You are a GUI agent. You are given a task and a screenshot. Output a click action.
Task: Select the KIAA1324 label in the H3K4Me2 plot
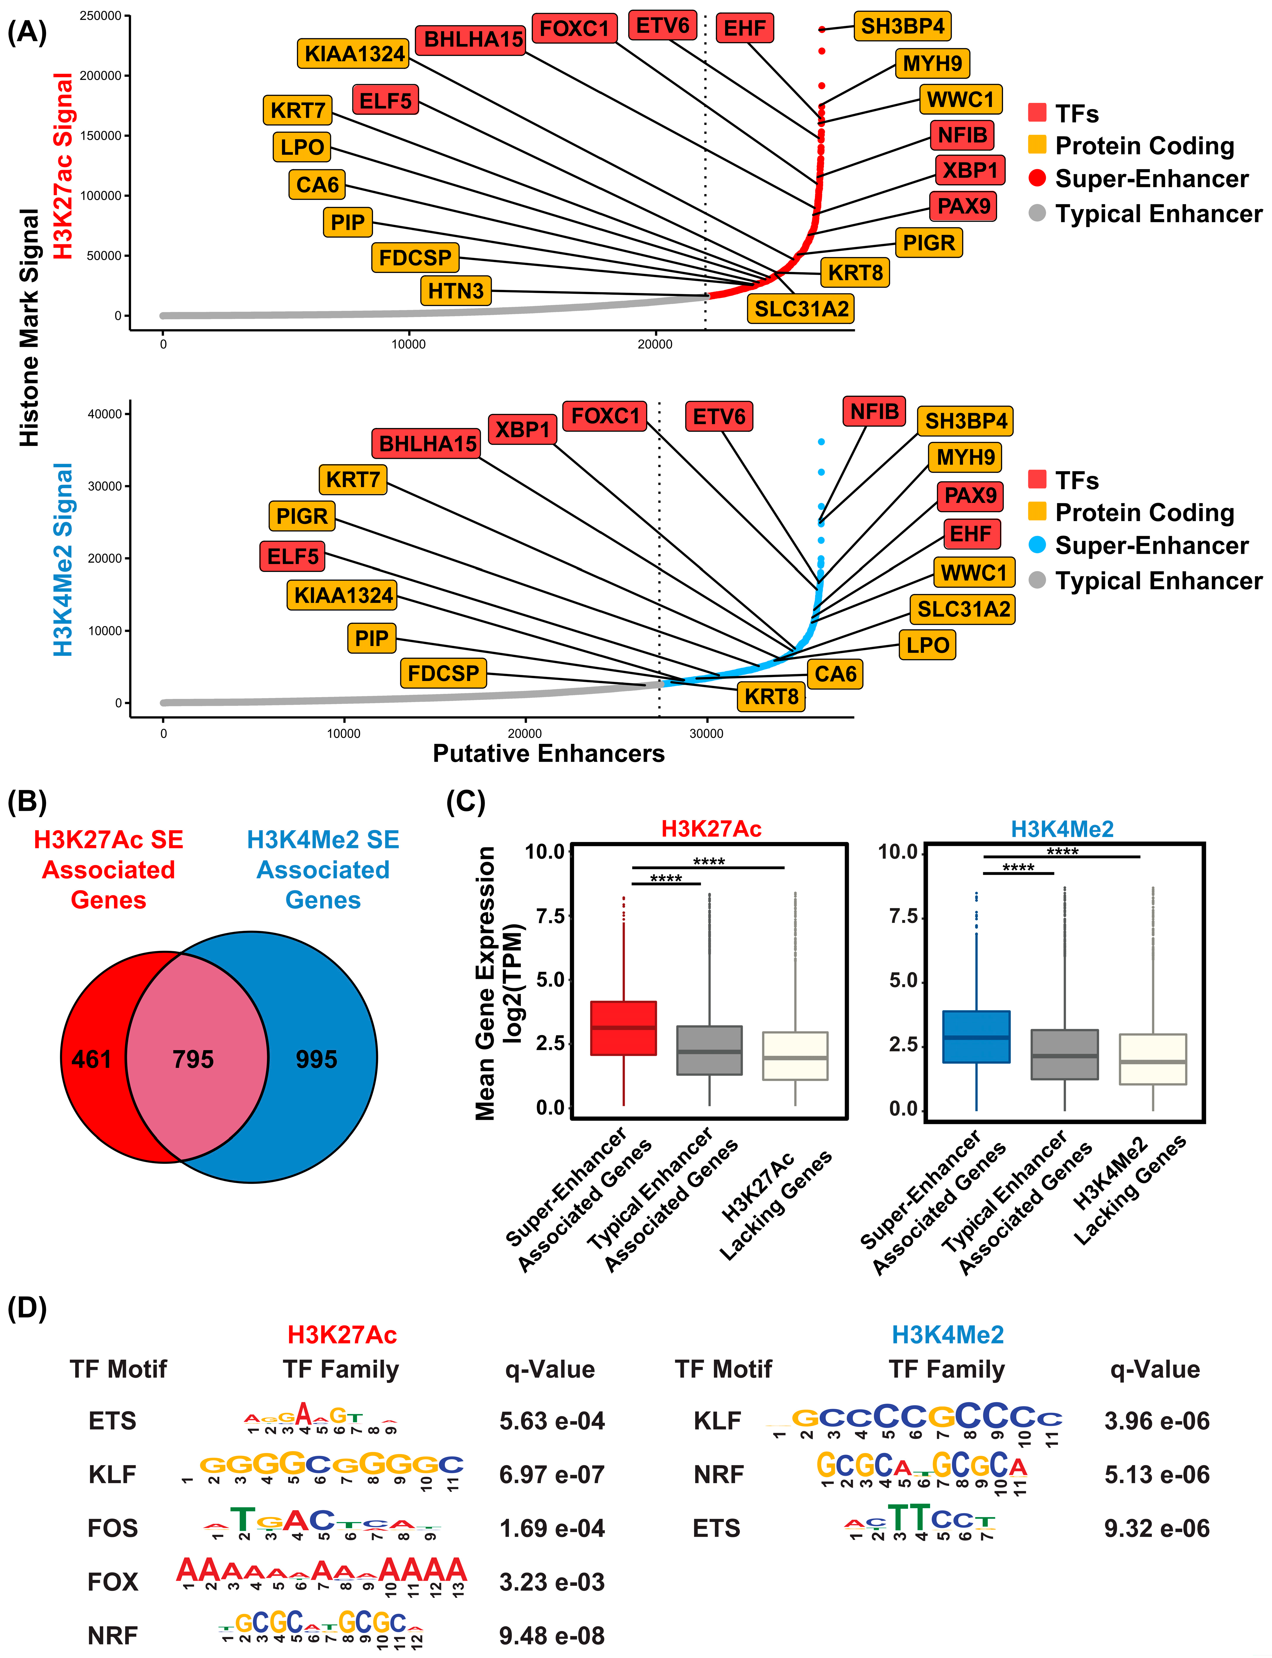[x=343, y=595]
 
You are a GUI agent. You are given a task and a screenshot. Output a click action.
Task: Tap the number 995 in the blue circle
[x=317, y=1059]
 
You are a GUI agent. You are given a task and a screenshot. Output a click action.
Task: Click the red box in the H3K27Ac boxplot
[x=623, y=1028]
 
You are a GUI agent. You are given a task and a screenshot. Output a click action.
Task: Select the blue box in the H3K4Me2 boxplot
[x=976, y=1036]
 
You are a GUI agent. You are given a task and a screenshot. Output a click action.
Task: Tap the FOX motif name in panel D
[x=113, y=1582]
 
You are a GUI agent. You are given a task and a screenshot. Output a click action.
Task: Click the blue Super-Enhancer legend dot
[x=1037, y=545]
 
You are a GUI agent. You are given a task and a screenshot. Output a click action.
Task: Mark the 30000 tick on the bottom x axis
[x=706, y=733]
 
